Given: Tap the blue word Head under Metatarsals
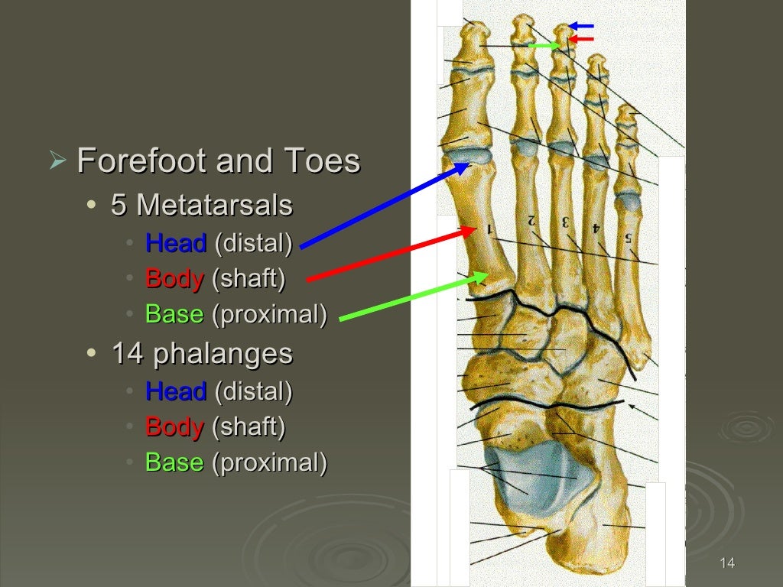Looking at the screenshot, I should (x=176, y=244).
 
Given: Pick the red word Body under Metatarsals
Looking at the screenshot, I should (x=174, y=278).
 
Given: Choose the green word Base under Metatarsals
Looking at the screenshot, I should (x=174, y=313).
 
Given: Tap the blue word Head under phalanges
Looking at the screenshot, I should (x=176, y=391).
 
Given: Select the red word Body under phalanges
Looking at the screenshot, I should (x=174, y=426).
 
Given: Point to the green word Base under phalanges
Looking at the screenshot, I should (x=174, y=462).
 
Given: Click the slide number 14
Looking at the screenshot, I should (x=727, y=564).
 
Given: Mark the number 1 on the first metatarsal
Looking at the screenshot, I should (x=489, y=229).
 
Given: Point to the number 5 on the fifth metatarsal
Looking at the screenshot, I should (x=628, y=238).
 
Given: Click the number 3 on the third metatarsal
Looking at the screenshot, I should (x=565, y=223).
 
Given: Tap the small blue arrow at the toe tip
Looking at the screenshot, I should (x=583, y=26).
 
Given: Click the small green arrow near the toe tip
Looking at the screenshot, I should (x=544, y=46).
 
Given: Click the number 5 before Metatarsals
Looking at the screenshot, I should (x=119, y=206).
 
